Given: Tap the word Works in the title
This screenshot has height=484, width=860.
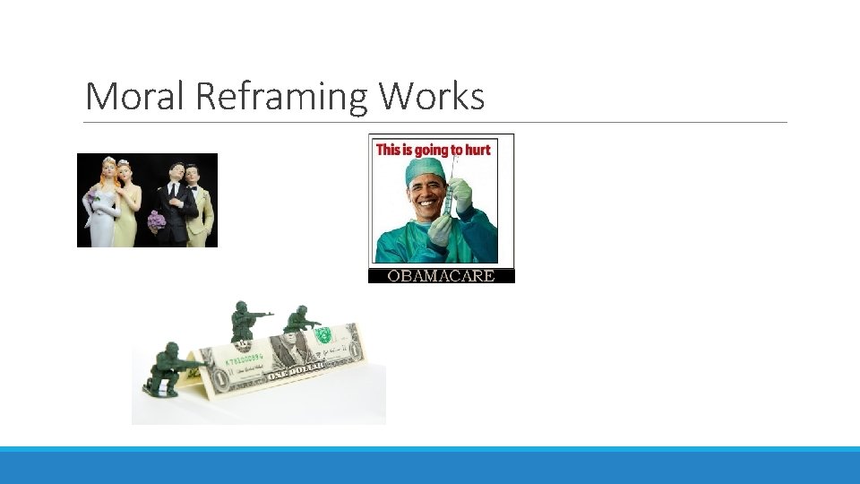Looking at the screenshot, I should coord(432,96).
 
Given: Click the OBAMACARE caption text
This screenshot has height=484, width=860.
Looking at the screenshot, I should coord(441,276).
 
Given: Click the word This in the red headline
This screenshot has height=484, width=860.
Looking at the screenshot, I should coord(388,150).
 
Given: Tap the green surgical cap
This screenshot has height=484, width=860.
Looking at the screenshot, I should coord(423,169).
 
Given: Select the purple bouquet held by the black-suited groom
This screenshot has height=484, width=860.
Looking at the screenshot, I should coord(156,219).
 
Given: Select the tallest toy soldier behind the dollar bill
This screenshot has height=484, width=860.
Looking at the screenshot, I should coord(243,321).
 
